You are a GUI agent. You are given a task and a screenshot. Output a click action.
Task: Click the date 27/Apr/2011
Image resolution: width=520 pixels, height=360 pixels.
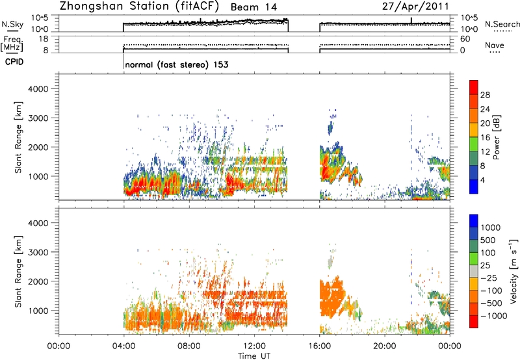(415, 6)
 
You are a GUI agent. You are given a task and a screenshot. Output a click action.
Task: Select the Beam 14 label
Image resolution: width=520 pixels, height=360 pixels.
(253, 7)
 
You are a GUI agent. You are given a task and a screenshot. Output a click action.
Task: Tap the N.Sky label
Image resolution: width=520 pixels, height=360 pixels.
(12, 24)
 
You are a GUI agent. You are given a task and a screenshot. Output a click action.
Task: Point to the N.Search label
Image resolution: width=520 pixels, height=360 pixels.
(502, 24)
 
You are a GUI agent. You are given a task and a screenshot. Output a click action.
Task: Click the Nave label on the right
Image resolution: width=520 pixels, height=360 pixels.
(495, 45)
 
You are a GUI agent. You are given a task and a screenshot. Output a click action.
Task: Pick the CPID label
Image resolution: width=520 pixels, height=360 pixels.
(14, 62)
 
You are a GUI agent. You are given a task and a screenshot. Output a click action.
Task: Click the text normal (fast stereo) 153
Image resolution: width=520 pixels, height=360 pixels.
(177, 64)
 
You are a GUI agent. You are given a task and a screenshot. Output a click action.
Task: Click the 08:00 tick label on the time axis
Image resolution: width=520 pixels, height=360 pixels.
(189, 346)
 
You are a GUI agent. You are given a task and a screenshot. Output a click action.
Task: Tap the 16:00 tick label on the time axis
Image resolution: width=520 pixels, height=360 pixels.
(320, 346)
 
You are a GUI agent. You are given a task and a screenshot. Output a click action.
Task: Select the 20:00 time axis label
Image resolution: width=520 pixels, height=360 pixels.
(385, 346)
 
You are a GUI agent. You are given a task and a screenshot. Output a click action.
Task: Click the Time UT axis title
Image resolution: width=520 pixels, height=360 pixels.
(254, 356)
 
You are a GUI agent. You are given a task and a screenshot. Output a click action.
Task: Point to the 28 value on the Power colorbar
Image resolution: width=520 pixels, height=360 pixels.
(485, 95)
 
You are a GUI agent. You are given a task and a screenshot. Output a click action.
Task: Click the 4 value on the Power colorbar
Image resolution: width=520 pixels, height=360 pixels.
(483, 181)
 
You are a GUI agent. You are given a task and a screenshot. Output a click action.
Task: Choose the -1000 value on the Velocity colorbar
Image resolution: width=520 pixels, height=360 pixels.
(494, 316)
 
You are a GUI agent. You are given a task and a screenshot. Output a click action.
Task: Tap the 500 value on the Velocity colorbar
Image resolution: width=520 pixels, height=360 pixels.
(488, 240)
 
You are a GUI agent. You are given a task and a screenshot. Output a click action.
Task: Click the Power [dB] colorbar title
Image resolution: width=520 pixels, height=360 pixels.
(497, 137)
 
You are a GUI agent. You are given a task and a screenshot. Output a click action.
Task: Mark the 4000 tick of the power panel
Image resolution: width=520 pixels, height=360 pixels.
(38, 89)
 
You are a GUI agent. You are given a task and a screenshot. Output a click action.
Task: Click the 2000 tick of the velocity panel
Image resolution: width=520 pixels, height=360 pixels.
(38, 281)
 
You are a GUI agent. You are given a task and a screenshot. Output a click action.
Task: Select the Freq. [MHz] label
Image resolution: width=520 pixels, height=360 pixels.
(12, 45)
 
